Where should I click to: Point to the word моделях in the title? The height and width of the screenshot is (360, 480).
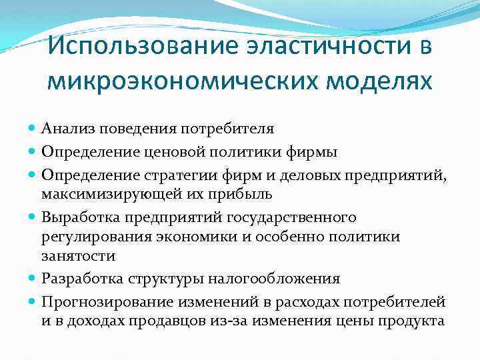pyautogui.click(x=385, y=82)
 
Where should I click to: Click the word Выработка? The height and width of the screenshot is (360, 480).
pyautogui.click(x=73, y=217)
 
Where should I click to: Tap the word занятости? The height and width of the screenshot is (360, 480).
pyautogui.click(x=78, y=255)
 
